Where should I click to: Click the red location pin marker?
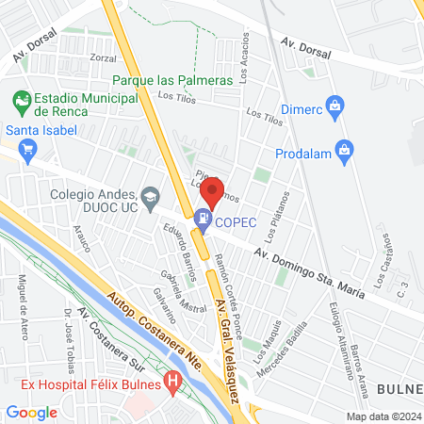214,190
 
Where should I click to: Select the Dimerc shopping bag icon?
333,106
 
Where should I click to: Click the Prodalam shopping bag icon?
345,149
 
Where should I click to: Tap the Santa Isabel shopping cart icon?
26,148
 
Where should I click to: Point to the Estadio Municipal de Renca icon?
22,99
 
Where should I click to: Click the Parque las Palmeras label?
172,81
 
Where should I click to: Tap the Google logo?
31,412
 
